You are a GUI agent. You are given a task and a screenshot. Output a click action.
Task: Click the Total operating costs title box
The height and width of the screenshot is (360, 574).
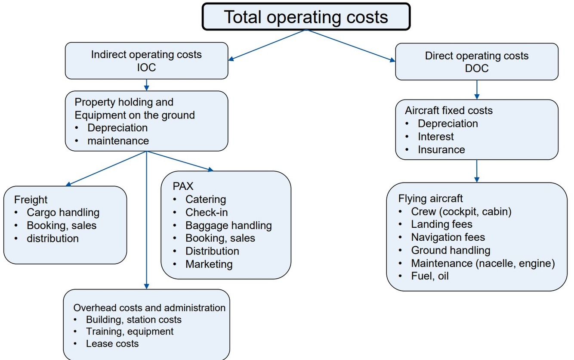[306, 17]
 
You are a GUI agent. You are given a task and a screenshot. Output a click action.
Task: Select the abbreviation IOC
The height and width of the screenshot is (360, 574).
[146, 68]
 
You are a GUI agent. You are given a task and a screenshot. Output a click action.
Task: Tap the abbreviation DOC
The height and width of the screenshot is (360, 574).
[477, 68]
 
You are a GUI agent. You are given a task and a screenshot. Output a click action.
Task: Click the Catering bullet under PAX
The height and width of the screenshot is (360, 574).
[205, 199]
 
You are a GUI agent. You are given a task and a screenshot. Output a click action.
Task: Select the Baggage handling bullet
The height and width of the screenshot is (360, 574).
[228, 225]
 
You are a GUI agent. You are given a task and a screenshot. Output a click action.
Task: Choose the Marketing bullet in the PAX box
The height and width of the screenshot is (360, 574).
[209, 264]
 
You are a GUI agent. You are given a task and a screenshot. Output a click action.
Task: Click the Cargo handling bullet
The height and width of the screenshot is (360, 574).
[63, 212]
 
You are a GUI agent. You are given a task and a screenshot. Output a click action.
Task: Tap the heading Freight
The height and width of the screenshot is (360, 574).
[31, 200]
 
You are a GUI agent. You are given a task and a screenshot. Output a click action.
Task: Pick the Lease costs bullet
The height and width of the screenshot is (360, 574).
[112, 343]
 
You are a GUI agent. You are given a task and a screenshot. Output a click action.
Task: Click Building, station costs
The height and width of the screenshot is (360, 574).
[133, 320]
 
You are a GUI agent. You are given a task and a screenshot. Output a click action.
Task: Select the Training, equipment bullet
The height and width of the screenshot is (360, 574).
[130, 331]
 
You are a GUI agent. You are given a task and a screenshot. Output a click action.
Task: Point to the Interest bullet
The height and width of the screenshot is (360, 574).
[436, 137]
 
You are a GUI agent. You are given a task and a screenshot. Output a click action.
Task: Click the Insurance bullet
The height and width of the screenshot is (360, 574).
[441, 149]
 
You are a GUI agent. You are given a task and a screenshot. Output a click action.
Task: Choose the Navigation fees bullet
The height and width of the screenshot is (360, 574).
[448, 237]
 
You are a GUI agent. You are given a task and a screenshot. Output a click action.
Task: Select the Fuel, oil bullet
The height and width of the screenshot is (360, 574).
[429, 276]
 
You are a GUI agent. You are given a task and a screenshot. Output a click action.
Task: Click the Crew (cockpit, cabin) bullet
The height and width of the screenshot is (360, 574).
[461, 211]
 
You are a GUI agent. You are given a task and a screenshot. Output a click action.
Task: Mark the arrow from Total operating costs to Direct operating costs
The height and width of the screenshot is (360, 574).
[350, 46]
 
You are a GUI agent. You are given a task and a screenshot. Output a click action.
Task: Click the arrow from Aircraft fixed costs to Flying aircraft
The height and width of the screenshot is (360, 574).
[477, 171]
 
